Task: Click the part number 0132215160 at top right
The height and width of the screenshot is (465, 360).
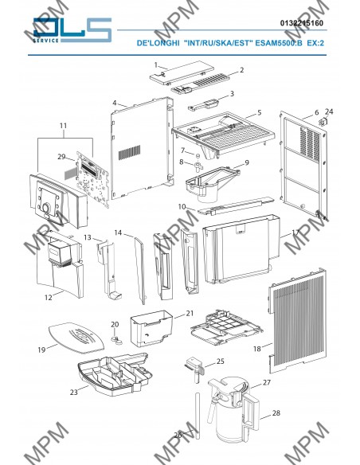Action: (302, 23)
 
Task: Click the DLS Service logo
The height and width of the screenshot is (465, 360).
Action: (72, 30)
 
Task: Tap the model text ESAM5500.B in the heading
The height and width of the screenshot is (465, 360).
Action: (279, 43)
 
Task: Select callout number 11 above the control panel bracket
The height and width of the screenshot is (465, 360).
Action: (63, 126)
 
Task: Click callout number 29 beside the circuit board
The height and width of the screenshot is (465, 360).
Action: (61, 157)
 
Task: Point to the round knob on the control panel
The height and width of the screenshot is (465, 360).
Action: (46, 208)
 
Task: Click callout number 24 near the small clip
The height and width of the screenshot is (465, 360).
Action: (329, 111)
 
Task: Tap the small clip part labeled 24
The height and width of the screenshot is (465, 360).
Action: (323, 122)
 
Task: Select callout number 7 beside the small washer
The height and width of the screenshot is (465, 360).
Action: (183, 150)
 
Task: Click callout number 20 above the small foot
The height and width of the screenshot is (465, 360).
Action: (115, 324)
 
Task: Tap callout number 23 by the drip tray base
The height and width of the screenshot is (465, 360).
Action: (74, 393)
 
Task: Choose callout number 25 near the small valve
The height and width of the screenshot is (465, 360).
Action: (221, 361)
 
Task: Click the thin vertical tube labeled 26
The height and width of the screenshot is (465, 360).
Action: (198, 415)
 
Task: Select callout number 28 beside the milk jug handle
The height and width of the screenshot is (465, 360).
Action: (276, 412)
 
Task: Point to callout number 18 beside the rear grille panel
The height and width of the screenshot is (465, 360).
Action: (257, 349)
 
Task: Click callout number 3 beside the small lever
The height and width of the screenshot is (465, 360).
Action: (232, 94)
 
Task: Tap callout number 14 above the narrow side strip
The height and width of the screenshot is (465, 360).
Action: (118, 232)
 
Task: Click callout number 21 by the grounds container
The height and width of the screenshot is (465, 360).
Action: (190, 313)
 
